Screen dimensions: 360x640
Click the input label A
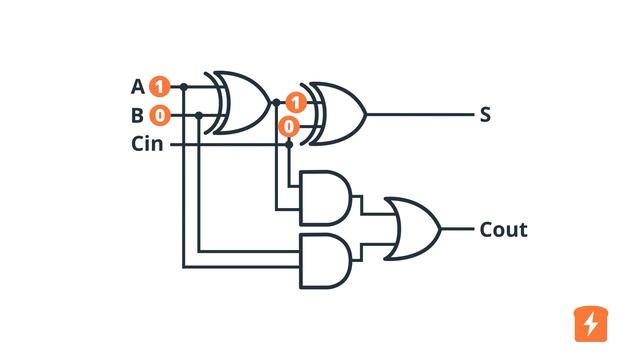click(x=138, y=87)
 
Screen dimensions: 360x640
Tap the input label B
click(x=138, y=115)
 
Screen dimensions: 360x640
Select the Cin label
click(x=148, y=143)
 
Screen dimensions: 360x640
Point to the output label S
click(x=485, y=115)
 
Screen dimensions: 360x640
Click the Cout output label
click(x=503, y=230)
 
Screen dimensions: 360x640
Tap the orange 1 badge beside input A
click(x=160, y=87)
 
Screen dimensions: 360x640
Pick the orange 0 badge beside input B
click(x=160, y=115)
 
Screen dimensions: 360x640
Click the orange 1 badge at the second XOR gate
click(x=294, y=102)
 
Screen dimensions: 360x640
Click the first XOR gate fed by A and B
click(x=240, y=102)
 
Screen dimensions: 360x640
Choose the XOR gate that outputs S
click(x=335, y=114)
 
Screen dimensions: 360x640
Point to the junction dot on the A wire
click(x=183, y=87)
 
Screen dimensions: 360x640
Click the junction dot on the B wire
click(x=200, y=115)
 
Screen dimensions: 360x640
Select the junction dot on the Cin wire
click(x=289, y=144)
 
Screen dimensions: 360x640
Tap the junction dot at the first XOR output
click(x=275, y=102)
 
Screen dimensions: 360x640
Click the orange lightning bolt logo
click(x=591, y=323)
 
